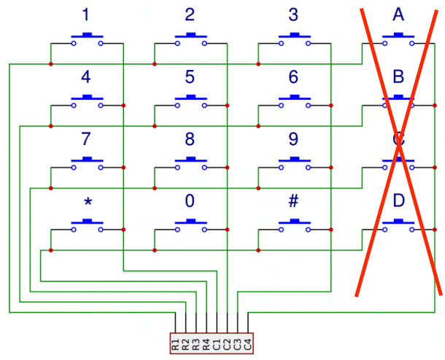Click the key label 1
coord(87,15)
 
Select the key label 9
coord(293,139)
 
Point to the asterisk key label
coord(87,203)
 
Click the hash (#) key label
coord(293,201)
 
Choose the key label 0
coord(190,201)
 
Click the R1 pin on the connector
coord(176,343)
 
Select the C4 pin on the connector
coord(247,343)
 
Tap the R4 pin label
coord(206,343)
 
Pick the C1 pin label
coord(217,343)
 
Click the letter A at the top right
coord(398,15)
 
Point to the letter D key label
coord(398,201)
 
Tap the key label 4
coord(87,77)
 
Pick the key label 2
coord(190,15)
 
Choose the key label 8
coord(190,139)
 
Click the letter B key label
coord(398,77)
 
